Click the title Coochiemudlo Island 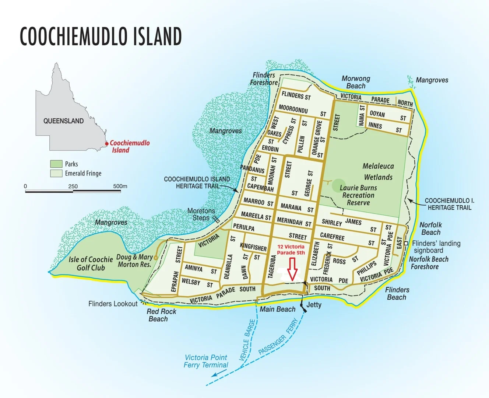pos(101,36)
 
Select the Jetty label pos(314,305)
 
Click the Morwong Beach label pos(356,82)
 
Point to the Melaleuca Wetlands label pos(378,172)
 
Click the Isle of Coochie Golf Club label pos(91,263)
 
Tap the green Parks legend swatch pos(56,164)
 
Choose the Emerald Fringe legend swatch pos(56,173)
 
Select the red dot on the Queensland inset pos(107,144)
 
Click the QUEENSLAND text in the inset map pos(63,121)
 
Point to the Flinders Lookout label pos(113,304)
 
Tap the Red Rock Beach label pos(161,315)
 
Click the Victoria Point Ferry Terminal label pos(206,361)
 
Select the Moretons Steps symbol pos(217,219)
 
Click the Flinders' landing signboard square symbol pos(406,244)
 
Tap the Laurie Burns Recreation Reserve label pos(358,195)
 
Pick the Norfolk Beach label pos(430,228)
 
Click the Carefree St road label pos(332,236)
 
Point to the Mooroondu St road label pos(293,109)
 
